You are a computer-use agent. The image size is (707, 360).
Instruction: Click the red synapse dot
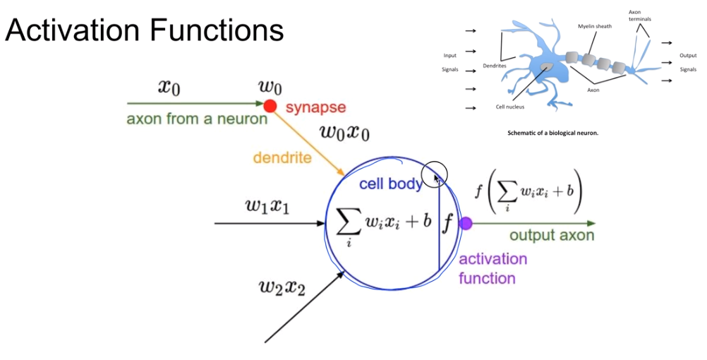pyautogui.click(x=270, y=106)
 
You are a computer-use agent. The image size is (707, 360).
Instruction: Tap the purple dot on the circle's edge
pyautogui.click(x=466, y=224)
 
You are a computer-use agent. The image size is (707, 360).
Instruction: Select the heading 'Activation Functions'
pyautogui.click(x=145, y=30)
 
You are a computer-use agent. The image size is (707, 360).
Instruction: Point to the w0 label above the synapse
pyautogui.click(x=270, y=88)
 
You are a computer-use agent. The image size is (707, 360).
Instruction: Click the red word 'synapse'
pyautogui.click(x=315, y=107)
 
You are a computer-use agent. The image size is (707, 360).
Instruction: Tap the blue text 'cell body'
pyautogui.click(x=390, y=184)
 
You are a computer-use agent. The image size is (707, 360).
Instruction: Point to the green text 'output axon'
pyautogui.click(x=552, y=236)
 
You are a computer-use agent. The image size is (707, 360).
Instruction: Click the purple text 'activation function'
pyautogui.click(x=493, y=268)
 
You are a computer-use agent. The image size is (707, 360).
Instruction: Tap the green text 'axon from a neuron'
pyautogui.click(x=197, y=119)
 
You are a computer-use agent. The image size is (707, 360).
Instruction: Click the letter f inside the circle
pyautogui.click(x=447, y=222)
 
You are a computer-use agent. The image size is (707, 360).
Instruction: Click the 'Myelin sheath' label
pyautogui.click(x=595, y=26)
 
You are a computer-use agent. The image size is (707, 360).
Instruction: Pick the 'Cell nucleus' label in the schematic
pyautogui.click(x=509, y=107)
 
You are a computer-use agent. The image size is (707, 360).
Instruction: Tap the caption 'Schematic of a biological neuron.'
pyautogui.click(x=552, y=133)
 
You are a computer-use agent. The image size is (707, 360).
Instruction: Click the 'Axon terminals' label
pyautogui.click(x=639, y=15)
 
